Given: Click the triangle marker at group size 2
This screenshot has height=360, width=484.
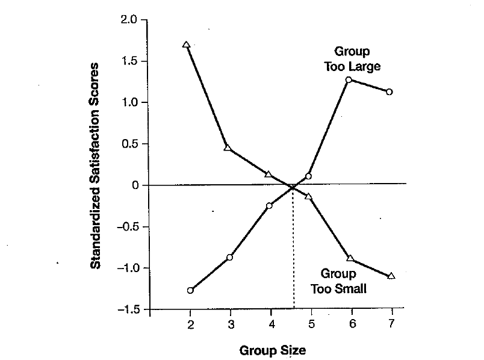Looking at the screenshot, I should pyautogui.click(x=186, y=45).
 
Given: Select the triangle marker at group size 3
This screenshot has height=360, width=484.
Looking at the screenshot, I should pyautogui.click(x=228, y=147).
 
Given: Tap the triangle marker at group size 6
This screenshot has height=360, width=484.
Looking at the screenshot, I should pyautogui.click(x=350, y=258).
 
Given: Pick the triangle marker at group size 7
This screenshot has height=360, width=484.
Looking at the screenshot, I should pyautogui.click(x=391, y=275).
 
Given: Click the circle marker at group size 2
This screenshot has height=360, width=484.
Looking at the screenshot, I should pyautogui.click(x=190, y=290).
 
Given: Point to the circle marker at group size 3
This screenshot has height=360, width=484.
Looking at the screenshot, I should pyautogui.click(x=229, y=257).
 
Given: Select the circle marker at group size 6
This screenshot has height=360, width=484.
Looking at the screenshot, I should pyautogui.click(x=349, y=79).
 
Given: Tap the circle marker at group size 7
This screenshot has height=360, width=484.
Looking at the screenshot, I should pyautogui.click(x=389, y=92).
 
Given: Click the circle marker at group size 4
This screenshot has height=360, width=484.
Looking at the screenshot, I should pyautogui.click(x=269, y=206).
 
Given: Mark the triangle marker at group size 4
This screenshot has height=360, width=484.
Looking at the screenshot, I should pyautogui.click(x=268, y=174).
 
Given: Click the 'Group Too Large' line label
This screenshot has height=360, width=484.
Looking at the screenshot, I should pyautogui.click(x=352, y=59).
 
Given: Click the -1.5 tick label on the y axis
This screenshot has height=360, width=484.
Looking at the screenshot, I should pyautogui.click(x=129, y=309).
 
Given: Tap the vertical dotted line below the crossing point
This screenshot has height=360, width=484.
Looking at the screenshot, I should pyautogui.click(x=293, y=253).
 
